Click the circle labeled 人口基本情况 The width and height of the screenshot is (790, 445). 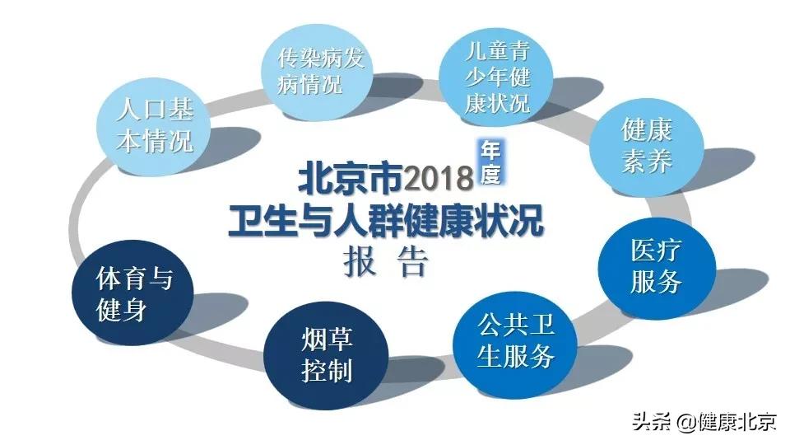tap(153, 127)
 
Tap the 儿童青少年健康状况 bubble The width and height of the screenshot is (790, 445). tap(496, 76)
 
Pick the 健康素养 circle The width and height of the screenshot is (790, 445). tap(647, 147)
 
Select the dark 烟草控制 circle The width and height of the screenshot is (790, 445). tap(326, 356)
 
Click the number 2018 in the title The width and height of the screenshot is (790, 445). tap(439, 178)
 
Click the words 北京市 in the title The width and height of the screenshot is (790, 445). tap(351, 178)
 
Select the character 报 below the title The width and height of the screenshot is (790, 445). tap(360, 262)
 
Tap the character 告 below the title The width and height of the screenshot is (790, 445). tap(413, 262)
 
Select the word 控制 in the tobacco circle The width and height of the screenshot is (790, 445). tap(327, 372)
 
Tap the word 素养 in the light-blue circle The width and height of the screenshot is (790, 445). tap(647, 162)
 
